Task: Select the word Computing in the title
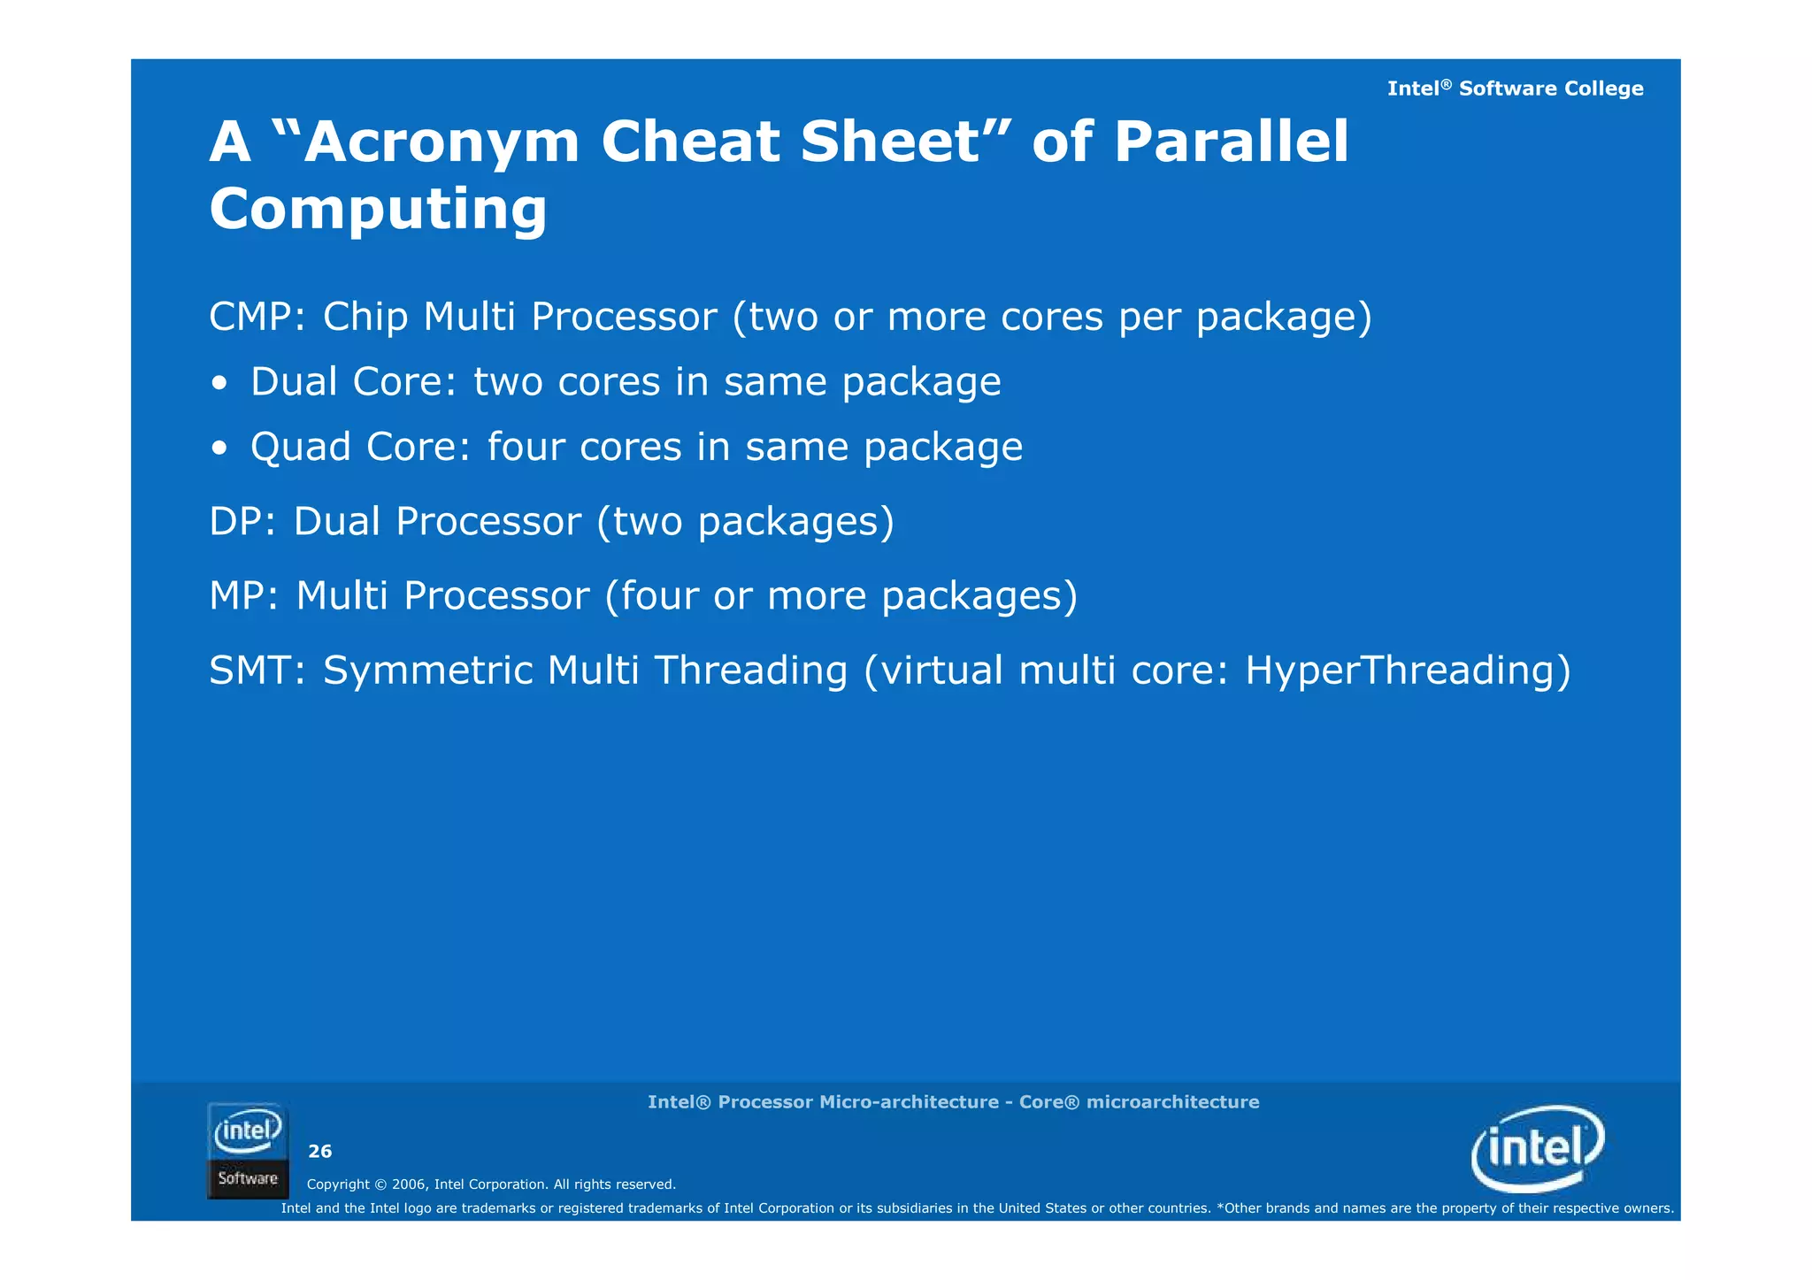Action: point(378,211)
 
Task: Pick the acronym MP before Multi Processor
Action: point(237,596)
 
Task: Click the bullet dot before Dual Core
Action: point(219,385)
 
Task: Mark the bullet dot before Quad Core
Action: point(219,449)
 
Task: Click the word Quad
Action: point(301,448)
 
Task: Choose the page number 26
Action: point(319,1151)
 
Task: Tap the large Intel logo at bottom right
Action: point(1538,1148)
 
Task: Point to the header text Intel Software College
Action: point(1515,88)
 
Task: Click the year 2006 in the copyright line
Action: point(408,1184)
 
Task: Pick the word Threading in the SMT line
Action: point(750,671)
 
